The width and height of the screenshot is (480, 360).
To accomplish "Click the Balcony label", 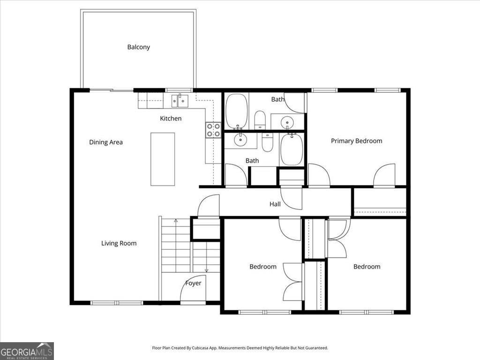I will (138, 47).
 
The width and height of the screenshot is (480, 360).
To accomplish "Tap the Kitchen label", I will (171, 119).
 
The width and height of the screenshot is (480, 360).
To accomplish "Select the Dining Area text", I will (106, 142).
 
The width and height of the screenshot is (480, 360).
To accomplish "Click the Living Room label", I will (119, 243).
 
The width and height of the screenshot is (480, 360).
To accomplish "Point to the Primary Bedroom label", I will (356, 141).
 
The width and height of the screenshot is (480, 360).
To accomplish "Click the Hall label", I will (275, 204).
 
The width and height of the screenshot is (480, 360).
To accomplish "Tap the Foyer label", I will (193, 283).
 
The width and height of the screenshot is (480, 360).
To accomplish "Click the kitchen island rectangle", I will (163, 159).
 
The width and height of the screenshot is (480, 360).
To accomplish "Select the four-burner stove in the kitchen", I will (213, 130).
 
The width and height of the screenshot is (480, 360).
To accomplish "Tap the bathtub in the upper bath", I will (237, 111).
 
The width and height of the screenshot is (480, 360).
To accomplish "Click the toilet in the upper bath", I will (260, 120).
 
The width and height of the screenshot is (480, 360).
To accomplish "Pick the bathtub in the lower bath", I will (292, 149).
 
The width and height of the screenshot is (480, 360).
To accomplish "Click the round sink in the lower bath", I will (240, 139).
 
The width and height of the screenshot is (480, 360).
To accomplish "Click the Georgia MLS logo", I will (27, 351).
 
